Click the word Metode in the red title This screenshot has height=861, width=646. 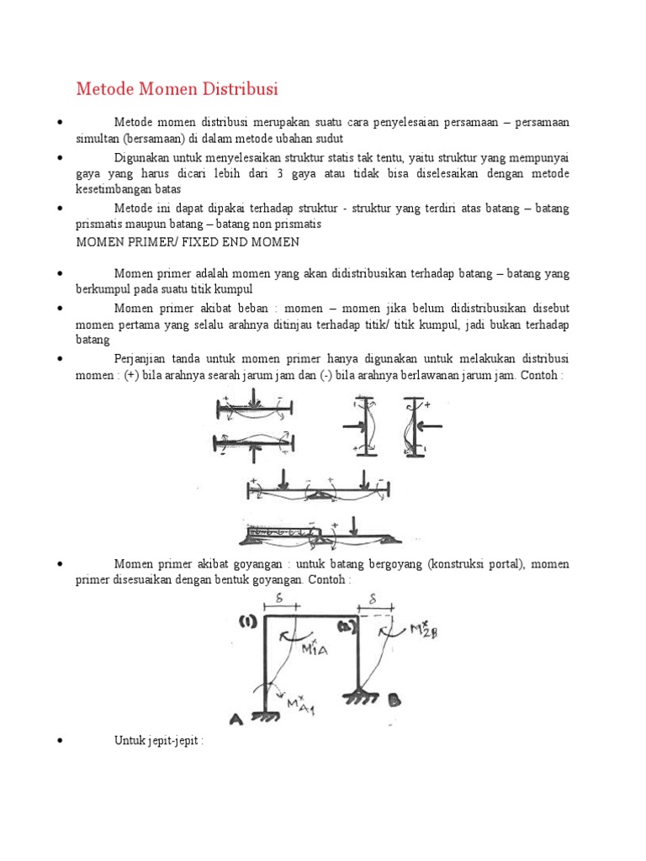click(102, 88)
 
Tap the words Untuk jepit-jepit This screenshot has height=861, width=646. click(159, 740)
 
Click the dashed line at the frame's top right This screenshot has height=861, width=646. click(379, 617)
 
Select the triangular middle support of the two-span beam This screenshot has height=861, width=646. click(322, 499)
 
